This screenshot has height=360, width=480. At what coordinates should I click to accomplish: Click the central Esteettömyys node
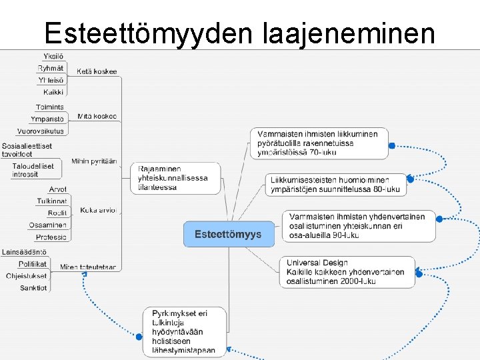(x=228, y=234)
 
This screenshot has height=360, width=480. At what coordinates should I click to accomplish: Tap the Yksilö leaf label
(x=53, y=55)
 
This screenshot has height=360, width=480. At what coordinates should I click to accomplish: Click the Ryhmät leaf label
(x=51, y=68)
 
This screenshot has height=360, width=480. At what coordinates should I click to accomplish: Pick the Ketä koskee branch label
(x=97, y=71)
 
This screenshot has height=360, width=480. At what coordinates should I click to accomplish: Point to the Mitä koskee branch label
(x=97, y=116)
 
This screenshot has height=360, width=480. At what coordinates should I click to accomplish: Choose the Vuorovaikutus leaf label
(x=41, y=131)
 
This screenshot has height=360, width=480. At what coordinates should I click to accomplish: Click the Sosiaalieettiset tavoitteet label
(x=27, y=150)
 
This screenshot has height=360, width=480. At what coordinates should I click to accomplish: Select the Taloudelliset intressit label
(x=34, y=170)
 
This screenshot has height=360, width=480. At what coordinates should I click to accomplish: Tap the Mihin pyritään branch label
(x=94, y=161)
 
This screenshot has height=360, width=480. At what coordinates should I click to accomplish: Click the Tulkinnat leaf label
(x=52, y=201)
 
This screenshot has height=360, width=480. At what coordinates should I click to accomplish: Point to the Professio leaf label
(x=51, y=237)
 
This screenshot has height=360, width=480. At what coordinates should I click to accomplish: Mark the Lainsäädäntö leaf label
(x=24, y=252)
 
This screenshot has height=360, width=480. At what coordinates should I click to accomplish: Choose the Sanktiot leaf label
(x=33, y=288)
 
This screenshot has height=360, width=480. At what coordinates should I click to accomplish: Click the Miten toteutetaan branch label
(x=88, y=267)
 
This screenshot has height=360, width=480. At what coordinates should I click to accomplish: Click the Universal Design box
(x=347, y=272)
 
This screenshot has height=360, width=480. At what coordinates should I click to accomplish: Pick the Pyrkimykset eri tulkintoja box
(x=184, y=331)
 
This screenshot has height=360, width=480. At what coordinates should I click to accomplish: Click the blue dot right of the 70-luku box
(x=392, y=145)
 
